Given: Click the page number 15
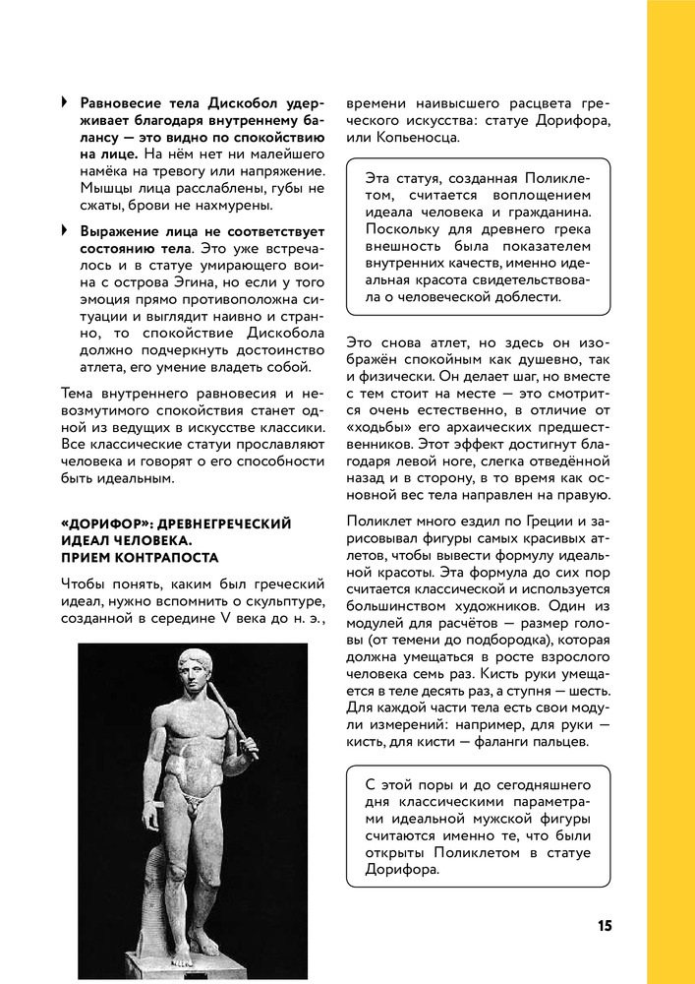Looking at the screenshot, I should click(604, 926).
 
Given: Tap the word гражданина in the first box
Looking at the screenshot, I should click(551, 212).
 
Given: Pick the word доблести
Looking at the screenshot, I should click(525, 296).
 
